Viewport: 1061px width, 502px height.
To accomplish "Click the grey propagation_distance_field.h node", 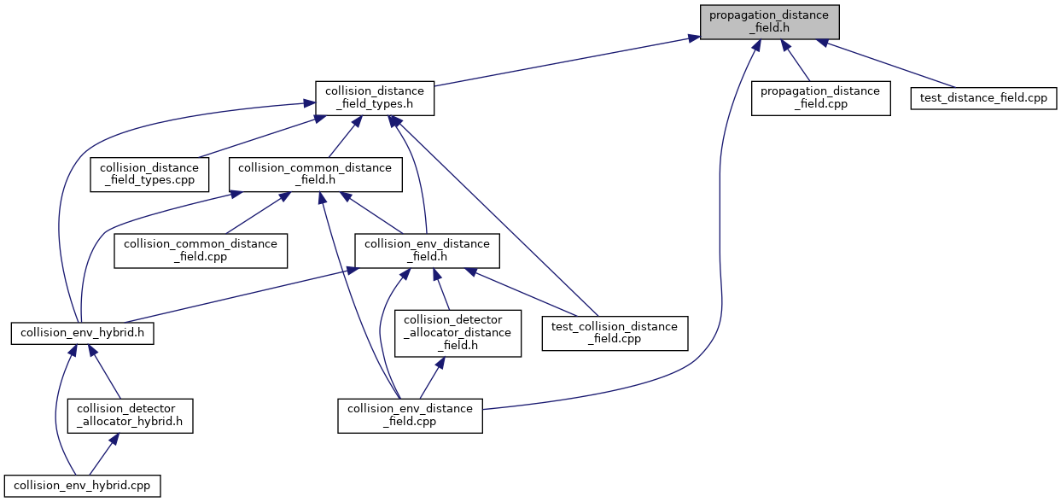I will [769, 21].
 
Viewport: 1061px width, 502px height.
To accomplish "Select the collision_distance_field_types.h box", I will [375, 98].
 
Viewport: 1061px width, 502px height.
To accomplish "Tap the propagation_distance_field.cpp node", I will [820, 98].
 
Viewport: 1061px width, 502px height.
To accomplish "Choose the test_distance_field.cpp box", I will [984, 98].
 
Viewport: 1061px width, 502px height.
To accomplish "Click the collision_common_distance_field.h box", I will [313, 175].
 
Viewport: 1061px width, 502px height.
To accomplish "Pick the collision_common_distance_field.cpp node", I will [201, 251].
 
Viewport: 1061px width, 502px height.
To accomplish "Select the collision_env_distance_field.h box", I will [427, 251].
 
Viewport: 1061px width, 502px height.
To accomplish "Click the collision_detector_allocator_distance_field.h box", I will [457, 332].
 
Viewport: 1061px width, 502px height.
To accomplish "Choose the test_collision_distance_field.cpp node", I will [615, 332].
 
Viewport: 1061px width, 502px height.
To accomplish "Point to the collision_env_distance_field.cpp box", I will [410, 416].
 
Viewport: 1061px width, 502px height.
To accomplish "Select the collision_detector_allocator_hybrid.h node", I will [130, 416].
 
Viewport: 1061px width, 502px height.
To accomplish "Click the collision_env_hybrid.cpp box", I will [82, 485].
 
